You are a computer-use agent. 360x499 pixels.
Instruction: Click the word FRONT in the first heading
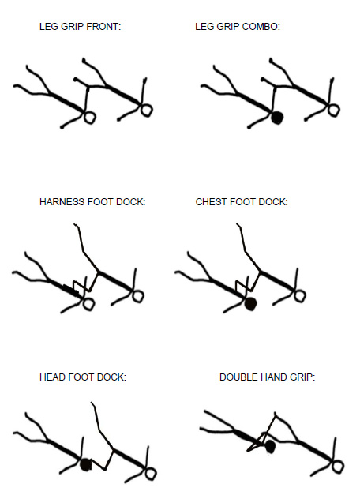[x=103, y=27]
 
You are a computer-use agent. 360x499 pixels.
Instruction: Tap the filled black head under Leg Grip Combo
[x=277, y=118]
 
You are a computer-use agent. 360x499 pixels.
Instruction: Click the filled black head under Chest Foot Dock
[x=250, y=304]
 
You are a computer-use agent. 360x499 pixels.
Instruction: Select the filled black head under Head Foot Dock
[x=86, y=464]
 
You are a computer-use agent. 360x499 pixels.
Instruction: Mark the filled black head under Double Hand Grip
[x=270, y=446]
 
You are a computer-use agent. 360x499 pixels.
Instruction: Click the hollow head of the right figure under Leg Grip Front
[x=146, y=110]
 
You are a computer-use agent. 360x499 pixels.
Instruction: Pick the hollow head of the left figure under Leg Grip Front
[x=90, y=118]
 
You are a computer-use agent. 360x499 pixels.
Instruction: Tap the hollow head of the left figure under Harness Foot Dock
[x=88, y=304]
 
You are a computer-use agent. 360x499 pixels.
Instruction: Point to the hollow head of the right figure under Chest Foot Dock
[x=299, y=295]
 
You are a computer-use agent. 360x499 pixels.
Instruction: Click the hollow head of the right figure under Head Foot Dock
[x=151, y=473]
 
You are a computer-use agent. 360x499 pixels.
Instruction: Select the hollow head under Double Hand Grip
[x=338, y=466]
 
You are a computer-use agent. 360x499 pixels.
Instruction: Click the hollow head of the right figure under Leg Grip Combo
[x=334, y=110]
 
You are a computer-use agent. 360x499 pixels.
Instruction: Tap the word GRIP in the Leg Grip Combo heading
[x=228, y=27]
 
